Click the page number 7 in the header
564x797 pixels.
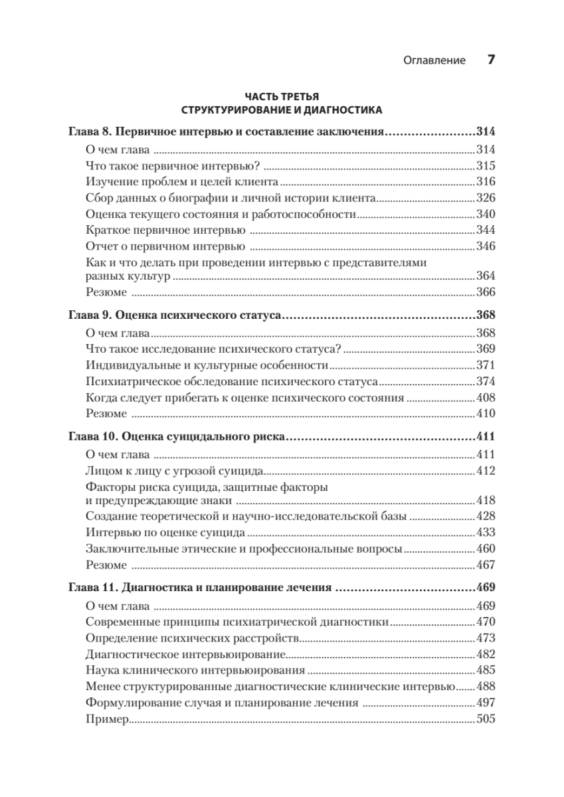pyautogui.click(x=492, y=60)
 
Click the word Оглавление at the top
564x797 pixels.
pyautogui.click(x=434, y=60)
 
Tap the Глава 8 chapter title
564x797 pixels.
pyautogui.click(x=227, y=132)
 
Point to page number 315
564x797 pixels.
pyautogui.click(x=486, y=165)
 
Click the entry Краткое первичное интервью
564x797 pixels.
pyautogui.click(x=165, y=230)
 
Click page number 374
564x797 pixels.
pyautogui.click(x=486, y=382)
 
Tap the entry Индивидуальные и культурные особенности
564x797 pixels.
pyautogui.click(x=207, y=365)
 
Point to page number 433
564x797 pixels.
pyautogui.click(x=486, y=533)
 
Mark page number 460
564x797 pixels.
pyautogui.click(x=486, y=549)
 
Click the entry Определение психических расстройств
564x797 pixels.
pyautogui.click(x=193, y=638)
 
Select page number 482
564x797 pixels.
pyautogui.click(x=486, y=655)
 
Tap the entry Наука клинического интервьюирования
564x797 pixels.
pyautogui.click(x=196, y=671)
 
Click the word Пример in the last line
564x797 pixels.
pyautogui.click(x=106, y=719)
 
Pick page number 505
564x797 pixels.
pyautogui.click(x=486, y=719)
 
